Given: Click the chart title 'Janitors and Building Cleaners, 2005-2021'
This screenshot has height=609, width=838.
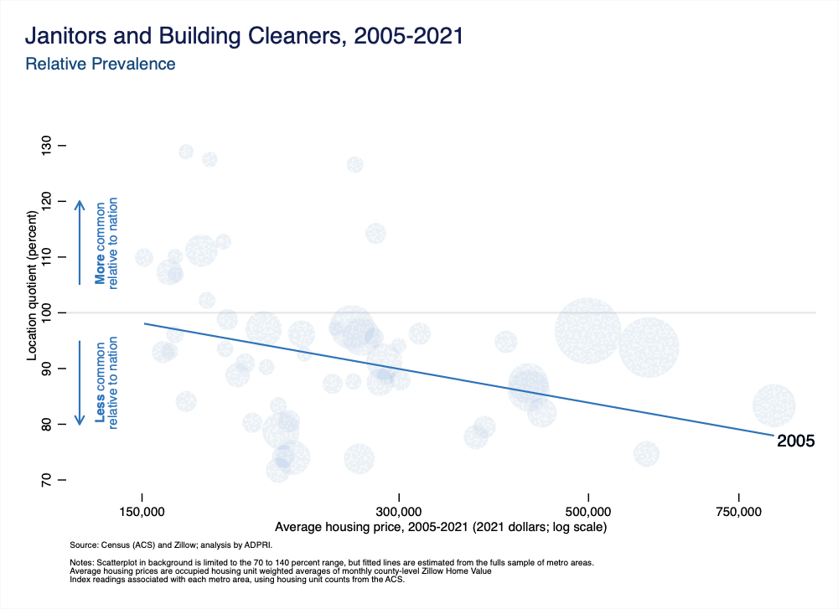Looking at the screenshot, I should [x=244, y=37].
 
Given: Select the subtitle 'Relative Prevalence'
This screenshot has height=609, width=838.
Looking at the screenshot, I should [x=101, y=64].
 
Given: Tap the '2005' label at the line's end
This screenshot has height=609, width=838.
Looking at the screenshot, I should [x=795, y=441].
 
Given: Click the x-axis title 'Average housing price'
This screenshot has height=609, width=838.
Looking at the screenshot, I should [x=440, y=528].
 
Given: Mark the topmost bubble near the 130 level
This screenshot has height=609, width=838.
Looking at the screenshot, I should [x=186, y=152].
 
